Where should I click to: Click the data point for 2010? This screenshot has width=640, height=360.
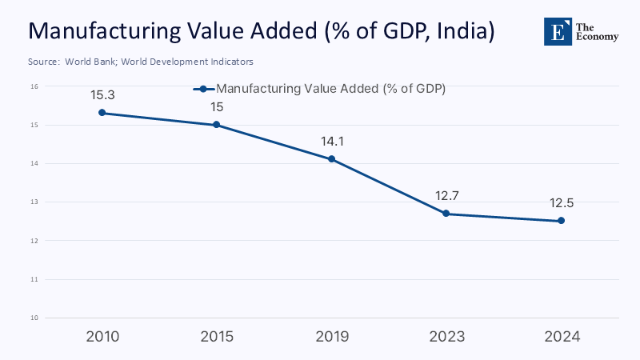pyautogui.click(x=102, y=113)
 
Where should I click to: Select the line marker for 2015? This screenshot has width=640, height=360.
pyautogui.click(x=217, y=125)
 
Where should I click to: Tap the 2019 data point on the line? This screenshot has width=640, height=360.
pyautogui.click(x=332, y=159)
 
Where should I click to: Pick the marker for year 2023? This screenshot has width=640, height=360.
pyautogui.click(x=446, y=214)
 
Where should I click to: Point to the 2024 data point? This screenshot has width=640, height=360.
pyautogui.click(x=561, y=221)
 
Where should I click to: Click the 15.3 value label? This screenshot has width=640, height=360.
pyautogui.click(x=102, y=95)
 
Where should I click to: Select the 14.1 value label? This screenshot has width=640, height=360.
pyautogui.click(x=332, y=142)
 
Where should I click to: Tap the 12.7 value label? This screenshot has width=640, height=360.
pyautogui.click(x=446, y=196)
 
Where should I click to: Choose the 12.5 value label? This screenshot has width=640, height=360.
pyautogui.click(x=561, y=203)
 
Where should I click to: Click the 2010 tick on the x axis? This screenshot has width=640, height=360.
pyautogui.click(x=102, y=337)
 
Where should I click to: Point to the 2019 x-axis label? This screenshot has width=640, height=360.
pyautogui.click(x=332, y=337)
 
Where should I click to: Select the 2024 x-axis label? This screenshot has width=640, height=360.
pyautogui.click(x=561, y=337)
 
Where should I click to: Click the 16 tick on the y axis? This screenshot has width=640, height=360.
pyautogui.click(x=35, y=86)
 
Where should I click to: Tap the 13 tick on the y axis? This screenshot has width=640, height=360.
pyautogui.click(x=35, y=202)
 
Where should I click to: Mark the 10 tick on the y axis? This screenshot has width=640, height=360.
pyautogui.click(x=35, y=318)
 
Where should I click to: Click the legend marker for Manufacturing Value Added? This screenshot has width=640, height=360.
pyautogui.click(x=204, y=90)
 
